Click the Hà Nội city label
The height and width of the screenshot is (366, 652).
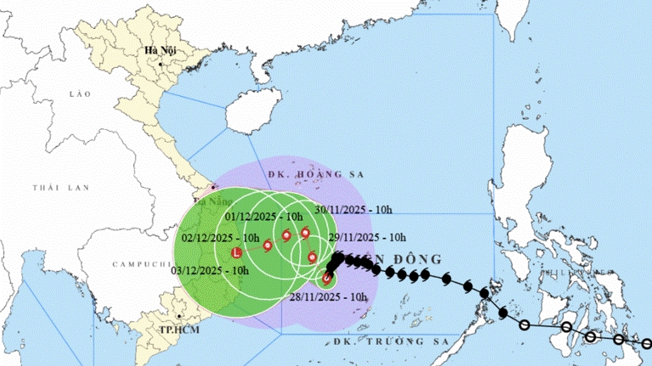coord(160,50)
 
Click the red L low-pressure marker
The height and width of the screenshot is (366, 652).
coord(237,253)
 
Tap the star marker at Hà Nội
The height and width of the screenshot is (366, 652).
coord(160,61)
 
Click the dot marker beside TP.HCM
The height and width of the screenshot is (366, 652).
coord(179,316)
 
